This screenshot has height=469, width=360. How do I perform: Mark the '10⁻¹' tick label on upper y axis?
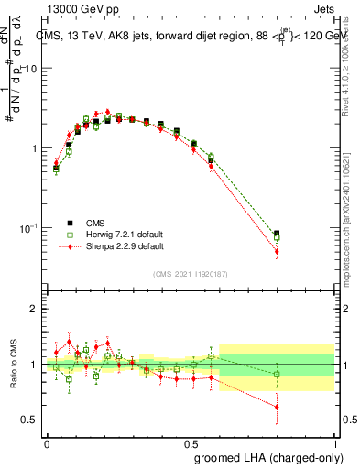(x=27, y=227)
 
